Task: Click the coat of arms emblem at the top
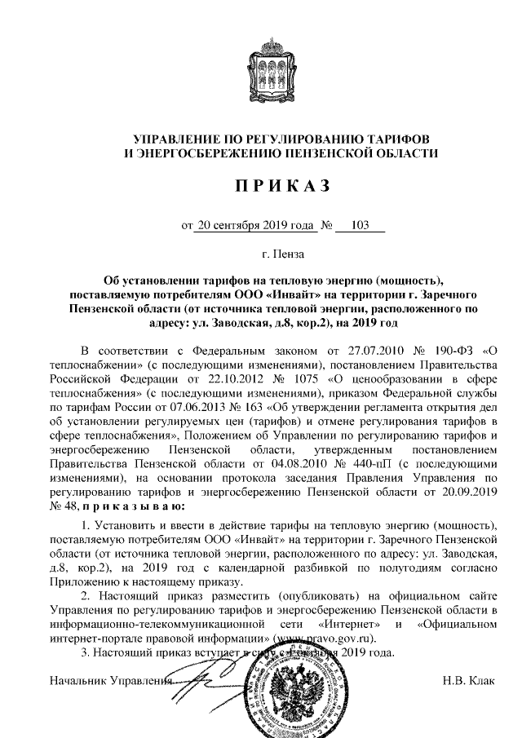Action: [260, 67]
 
